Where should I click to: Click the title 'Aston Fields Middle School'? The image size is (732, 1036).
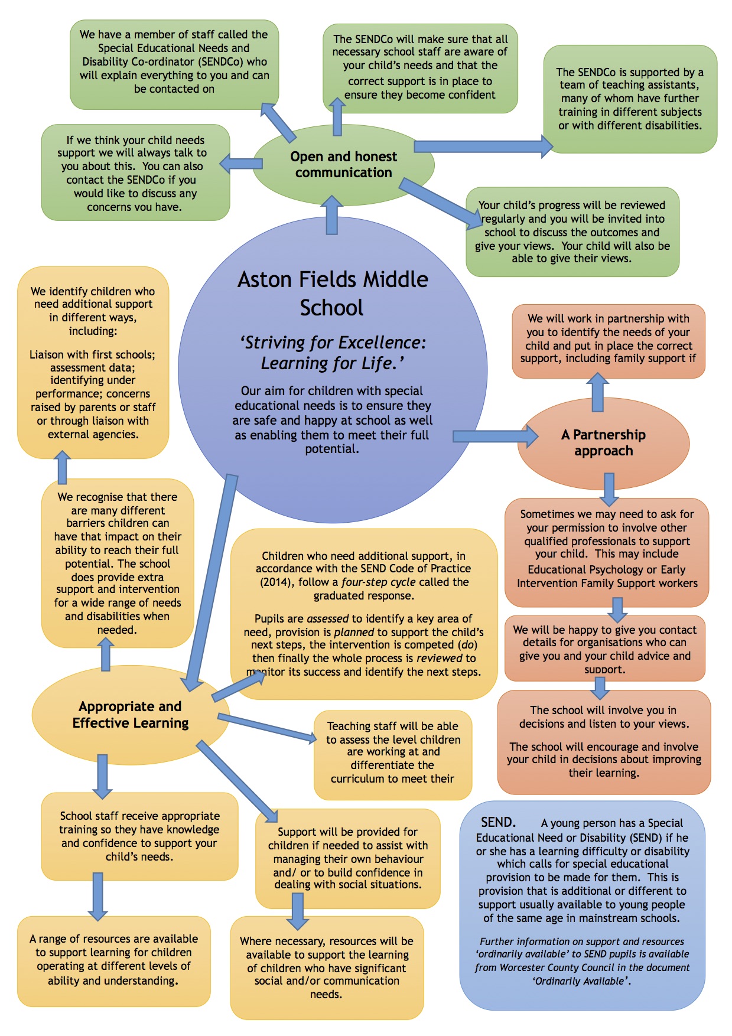click(333, 293)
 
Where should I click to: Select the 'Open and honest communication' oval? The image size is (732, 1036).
click(343, 165)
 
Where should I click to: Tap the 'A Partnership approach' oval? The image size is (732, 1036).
click(603, 443)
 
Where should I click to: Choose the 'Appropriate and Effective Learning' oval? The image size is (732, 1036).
click(131, 715)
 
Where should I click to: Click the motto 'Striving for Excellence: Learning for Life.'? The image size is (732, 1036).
click(333, 353)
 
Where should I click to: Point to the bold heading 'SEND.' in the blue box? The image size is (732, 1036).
click(498, 822)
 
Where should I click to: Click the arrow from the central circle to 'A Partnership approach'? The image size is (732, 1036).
click(495, 436)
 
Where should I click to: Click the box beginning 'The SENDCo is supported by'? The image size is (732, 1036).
click(630, 99)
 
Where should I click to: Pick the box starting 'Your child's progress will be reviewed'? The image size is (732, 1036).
click(572, 232)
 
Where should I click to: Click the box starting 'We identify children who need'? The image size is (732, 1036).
click(93, 363)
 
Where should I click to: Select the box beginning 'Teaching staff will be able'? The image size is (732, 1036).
click(393, 752)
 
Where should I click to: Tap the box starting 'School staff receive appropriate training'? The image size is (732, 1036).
click(139, 836)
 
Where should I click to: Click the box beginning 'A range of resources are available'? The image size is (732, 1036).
click(113, 960)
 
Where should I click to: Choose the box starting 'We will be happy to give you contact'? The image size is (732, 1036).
click(604, 649)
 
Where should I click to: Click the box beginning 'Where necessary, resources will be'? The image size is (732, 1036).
click(327, 967)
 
